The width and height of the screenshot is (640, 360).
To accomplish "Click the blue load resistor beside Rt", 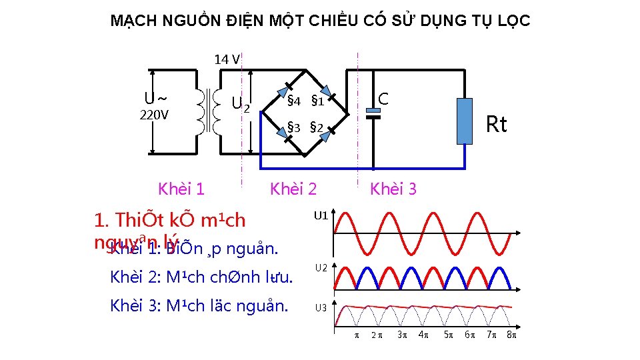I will tap(464, 121).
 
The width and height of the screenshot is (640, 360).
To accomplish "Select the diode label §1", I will tap(317, 102).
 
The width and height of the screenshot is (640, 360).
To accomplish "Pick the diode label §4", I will tap(294, 102).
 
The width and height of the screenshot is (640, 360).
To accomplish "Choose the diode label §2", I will tap(317, 127).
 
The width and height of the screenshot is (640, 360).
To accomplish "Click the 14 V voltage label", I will tap(227, 59).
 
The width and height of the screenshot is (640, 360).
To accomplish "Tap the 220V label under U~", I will tap(154, 115).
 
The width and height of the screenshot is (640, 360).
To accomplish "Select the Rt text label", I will tap(496, 125).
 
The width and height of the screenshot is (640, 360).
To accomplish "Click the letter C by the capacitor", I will tap(383, 99).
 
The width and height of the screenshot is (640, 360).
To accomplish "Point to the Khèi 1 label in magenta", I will tap(181, 189).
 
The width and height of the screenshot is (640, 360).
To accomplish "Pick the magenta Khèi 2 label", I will tap(293, 189).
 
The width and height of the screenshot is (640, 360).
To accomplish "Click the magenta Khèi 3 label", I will tap(393, 189).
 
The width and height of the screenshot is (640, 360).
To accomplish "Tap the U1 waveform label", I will tap(321, 215).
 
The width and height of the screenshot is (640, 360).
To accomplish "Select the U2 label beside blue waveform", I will tap(321, 267).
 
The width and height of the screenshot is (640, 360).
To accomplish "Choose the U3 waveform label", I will tap(321, 308).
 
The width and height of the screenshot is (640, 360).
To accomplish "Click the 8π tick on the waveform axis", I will tap(512, 335).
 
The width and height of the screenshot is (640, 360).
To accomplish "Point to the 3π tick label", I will tap(401, 335).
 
